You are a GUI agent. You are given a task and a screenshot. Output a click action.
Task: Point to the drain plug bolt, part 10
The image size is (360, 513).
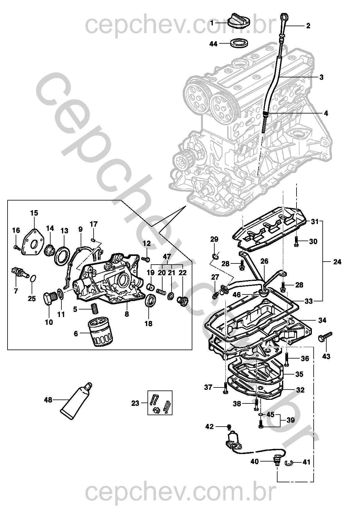point(50,299)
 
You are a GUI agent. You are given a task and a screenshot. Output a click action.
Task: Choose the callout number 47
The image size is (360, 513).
point(167,256)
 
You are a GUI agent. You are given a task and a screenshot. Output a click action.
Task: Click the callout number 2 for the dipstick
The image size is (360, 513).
point(308,26)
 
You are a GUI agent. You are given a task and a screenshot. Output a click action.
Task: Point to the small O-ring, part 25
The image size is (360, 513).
point(34,279)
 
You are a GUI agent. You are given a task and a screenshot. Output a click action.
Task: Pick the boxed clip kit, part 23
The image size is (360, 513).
point(160,403)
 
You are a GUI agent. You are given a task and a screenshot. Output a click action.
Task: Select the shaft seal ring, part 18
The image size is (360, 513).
point(151,301)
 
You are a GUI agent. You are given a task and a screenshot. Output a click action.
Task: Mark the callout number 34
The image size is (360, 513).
point(322,320)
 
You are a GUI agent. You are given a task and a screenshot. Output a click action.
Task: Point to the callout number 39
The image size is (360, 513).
point(291,420)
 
